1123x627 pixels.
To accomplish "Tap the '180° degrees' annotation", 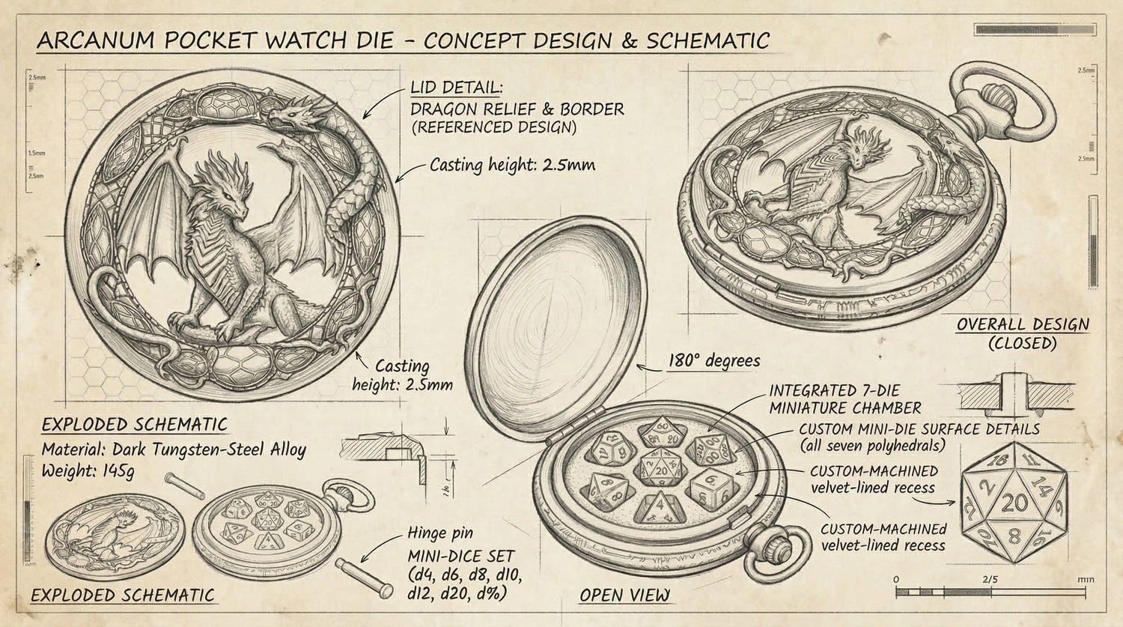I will [x=713, y=361].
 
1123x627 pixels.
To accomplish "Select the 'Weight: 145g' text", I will [x=88, y=471].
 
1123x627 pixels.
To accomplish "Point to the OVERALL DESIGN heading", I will [x=1023, y=324].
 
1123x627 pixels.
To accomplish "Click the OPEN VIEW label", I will [x=624, y=595].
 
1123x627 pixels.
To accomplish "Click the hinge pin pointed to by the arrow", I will [x=364, y=577].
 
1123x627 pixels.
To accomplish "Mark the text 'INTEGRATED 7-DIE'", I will [x=834, y=390].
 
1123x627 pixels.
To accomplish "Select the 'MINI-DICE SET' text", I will [x=460, y=557].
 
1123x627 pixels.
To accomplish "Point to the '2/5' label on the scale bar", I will [x=990, y=579].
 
